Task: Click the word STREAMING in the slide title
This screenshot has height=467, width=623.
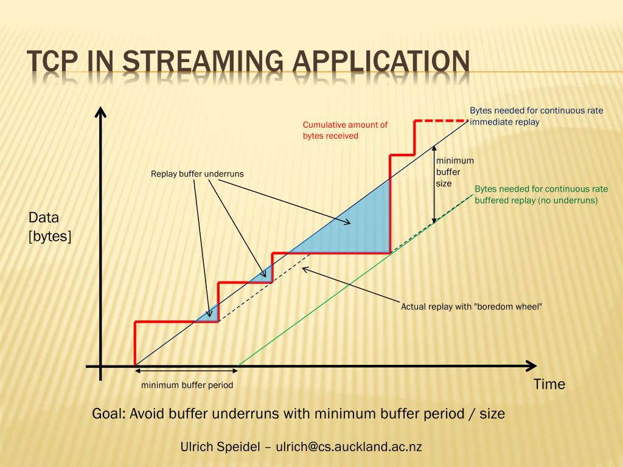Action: coord(202,62)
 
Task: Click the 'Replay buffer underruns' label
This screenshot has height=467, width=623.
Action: coord(197,174)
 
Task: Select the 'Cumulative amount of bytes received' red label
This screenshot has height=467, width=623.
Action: coord(345,130)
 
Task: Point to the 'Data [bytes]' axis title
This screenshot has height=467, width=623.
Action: coord(49,227)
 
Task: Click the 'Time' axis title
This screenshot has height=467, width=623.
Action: coord(549,384)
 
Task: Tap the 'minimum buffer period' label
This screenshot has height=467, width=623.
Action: coord(187,385)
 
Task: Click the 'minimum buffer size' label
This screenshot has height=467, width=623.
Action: coord(454,171)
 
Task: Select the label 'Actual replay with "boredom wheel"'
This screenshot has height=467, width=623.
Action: coord(471,306)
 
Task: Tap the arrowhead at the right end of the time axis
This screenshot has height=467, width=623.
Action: coord(531,366)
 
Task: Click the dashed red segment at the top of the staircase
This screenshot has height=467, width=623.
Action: coord(440,121)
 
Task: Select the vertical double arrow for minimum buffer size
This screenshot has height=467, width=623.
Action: coord(434,182)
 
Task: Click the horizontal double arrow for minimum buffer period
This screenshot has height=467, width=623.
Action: coord(186,370)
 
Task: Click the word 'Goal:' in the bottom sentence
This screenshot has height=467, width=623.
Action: coord(109,414)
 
